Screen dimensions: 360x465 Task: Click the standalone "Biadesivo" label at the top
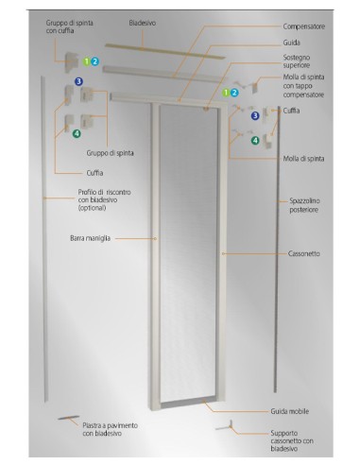click(143, 23)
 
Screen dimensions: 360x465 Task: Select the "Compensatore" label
click(303, 26)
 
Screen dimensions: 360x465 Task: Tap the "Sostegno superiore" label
click(297, 61)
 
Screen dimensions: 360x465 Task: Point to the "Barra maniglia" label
click(90, 238)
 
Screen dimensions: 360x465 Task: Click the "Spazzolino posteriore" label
click(304, 205)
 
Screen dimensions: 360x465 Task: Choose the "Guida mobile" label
click(290, 411)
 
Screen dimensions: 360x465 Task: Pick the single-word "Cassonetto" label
click(304, 253)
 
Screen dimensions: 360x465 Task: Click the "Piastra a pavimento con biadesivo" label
click(111, 429)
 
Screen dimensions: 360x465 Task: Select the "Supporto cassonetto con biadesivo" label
click(292, 440)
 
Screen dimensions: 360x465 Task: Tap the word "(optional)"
click(92, 208)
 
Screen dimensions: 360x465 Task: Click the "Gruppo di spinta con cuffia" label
click(69, 26)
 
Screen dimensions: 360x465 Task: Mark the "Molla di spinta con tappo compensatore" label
click(303, 86)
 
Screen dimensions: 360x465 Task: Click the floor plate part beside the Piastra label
click(68, 418)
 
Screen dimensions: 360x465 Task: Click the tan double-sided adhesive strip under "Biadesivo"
click(164, 50)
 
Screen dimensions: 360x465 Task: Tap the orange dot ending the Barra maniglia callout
click(155, 239)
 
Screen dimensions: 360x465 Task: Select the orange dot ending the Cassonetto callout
click(223, 253)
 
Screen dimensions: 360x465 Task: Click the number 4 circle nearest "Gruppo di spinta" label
click(77, 134)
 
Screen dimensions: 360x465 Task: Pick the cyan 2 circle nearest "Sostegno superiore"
click(234, 93)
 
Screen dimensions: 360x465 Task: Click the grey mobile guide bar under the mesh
click(188, 403)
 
